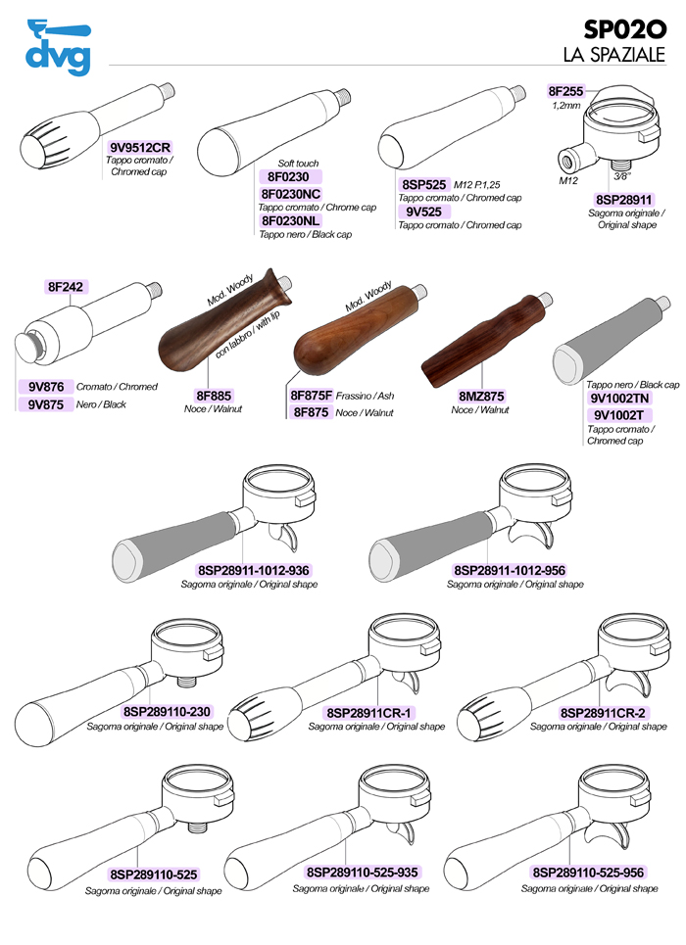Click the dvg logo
coord(58,47)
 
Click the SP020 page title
coord(625,29)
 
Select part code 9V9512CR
coord(140,147)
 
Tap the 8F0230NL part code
coord(291,220)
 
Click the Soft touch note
coord(298,164)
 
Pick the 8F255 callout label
coord(565,91)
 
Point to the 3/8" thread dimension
coord(621,176)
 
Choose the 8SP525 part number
coord(423,184)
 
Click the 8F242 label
coord(65,287)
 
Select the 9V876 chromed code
coord(46,386)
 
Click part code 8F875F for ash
coord(311,396)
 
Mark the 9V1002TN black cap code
coord(619,398)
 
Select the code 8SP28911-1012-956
coord(510,570)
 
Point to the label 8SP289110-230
coord(167,712)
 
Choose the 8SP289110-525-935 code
coord(362,873)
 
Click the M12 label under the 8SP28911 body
coord(567,180)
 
